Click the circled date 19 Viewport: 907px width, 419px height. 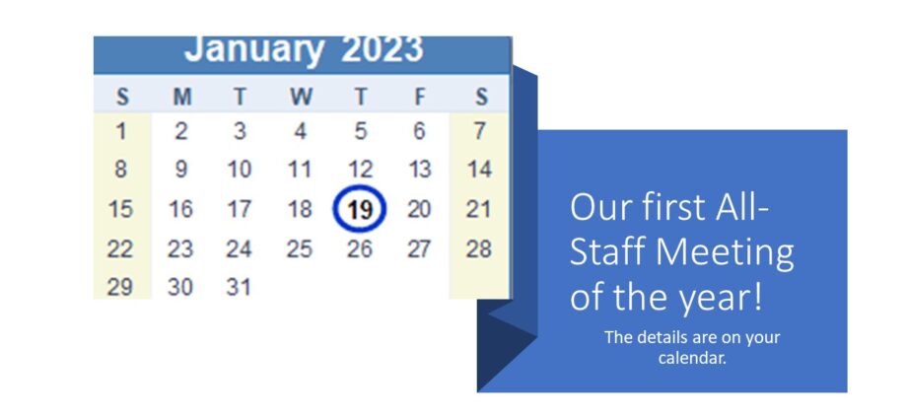pos(360,209)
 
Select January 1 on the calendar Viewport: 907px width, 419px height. pos(121,132)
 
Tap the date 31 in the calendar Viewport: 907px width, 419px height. pos(239,287)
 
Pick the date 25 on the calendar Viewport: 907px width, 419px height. pos(300,248)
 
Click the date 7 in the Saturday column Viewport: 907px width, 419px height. pos(479,132)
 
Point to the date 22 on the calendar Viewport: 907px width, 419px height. pos(120,248)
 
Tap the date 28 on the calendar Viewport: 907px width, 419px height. pos(479,248)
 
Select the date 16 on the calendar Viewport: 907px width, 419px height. pos(179,209)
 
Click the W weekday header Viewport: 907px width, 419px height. pos(301,97)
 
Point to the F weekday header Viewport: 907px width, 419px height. pos(419,97)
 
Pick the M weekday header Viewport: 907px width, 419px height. pos(182,97)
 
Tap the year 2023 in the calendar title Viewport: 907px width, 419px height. pos(382,49)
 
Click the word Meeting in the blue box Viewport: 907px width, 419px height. pos(725,252)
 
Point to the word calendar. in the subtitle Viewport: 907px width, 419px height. pos(692,358)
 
